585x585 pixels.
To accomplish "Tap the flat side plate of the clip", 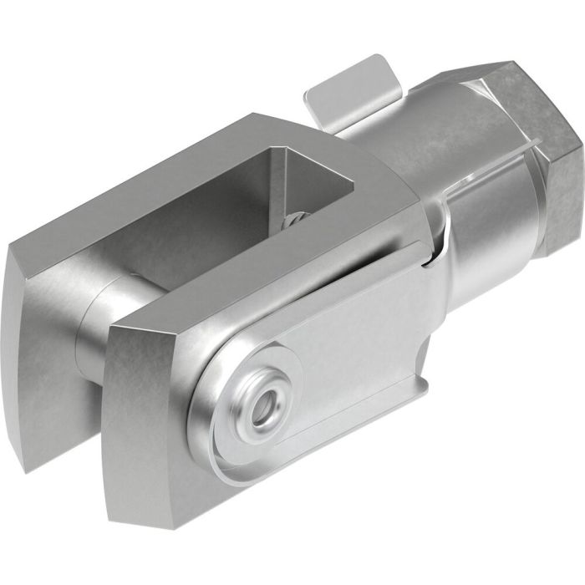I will [351, 334].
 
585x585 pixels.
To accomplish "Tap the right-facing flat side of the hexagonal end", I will [556, 175].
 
